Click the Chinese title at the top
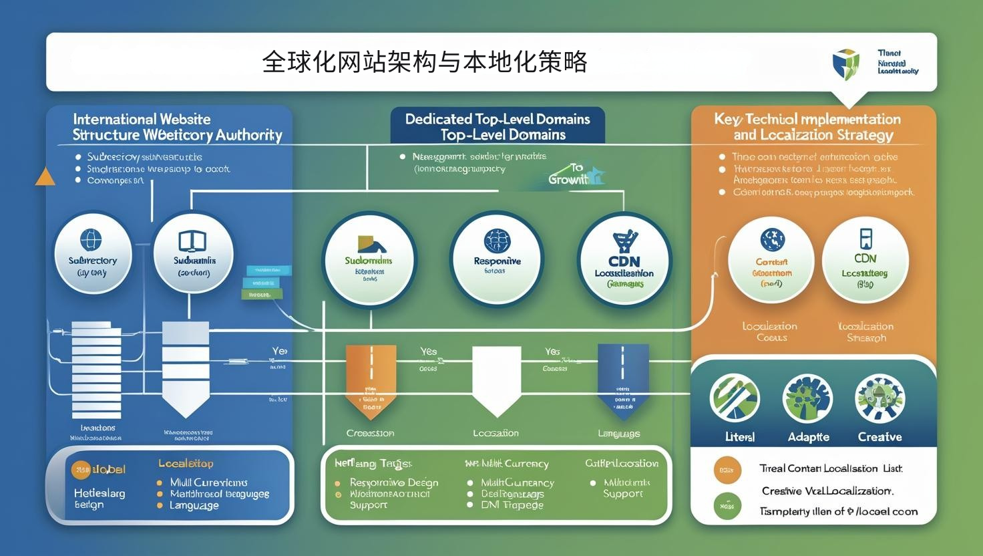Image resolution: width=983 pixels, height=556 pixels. tap(425, 62)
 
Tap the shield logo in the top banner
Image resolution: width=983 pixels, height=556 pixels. tap(846, 64)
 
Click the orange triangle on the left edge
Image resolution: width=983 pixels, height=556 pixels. tap(45, 176)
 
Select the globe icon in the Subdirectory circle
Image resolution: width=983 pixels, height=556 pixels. tap(91, 239)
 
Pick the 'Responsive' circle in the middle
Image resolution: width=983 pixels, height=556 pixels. tap(497, 259)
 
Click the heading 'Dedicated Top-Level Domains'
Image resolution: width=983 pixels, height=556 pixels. tap(498, 119)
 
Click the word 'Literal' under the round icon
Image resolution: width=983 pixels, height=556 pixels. tap(739, 437)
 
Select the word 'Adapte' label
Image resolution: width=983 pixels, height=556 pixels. tap(808, 437)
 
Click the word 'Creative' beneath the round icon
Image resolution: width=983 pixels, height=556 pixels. tap(879, 437)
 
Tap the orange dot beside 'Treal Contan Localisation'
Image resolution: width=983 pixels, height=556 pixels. tap(727, 470)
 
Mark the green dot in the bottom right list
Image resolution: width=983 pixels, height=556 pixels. tap(727, 507)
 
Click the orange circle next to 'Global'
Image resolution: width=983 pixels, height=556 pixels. tap(81, 470)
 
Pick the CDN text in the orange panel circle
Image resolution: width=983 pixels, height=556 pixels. tap(865, 258)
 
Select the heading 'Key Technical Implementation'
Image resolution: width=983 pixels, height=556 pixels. tap(807, 120)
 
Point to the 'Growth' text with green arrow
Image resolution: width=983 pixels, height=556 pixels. tap(568, 179)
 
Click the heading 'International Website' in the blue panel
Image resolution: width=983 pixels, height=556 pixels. tap(142, 120)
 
